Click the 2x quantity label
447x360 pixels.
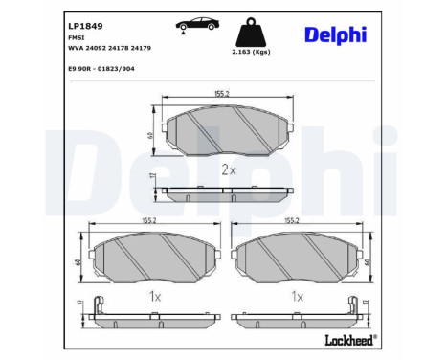(228, 169)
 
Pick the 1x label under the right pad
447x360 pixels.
(298, 298)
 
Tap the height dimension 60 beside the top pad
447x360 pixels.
(150, 134)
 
